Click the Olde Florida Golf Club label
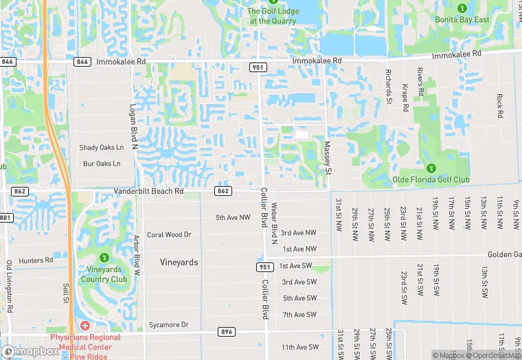[x=431, y=180]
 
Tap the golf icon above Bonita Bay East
[x=462, y=8]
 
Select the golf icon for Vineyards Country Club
[x=104, y=258]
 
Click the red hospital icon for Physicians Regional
[x=84, y=325]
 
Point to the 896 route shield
[x=226, y=332]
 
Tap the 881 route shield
[x=5, y=218]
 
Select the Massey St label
[x=328, y=157]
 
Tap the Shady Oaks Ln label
[x=102, y=147]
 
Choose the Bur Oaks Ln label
[x=102, y=164]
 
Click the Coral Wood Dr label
[x=169, y=234]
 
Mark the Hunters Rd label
[x=36, y=260]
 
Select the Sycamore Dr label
[x=168, y=324]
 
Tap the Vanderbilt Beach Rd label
[x=149, y=191]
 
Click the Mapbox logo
[x=30, y=351]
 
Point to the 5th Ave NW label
[x=233, y=218]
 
